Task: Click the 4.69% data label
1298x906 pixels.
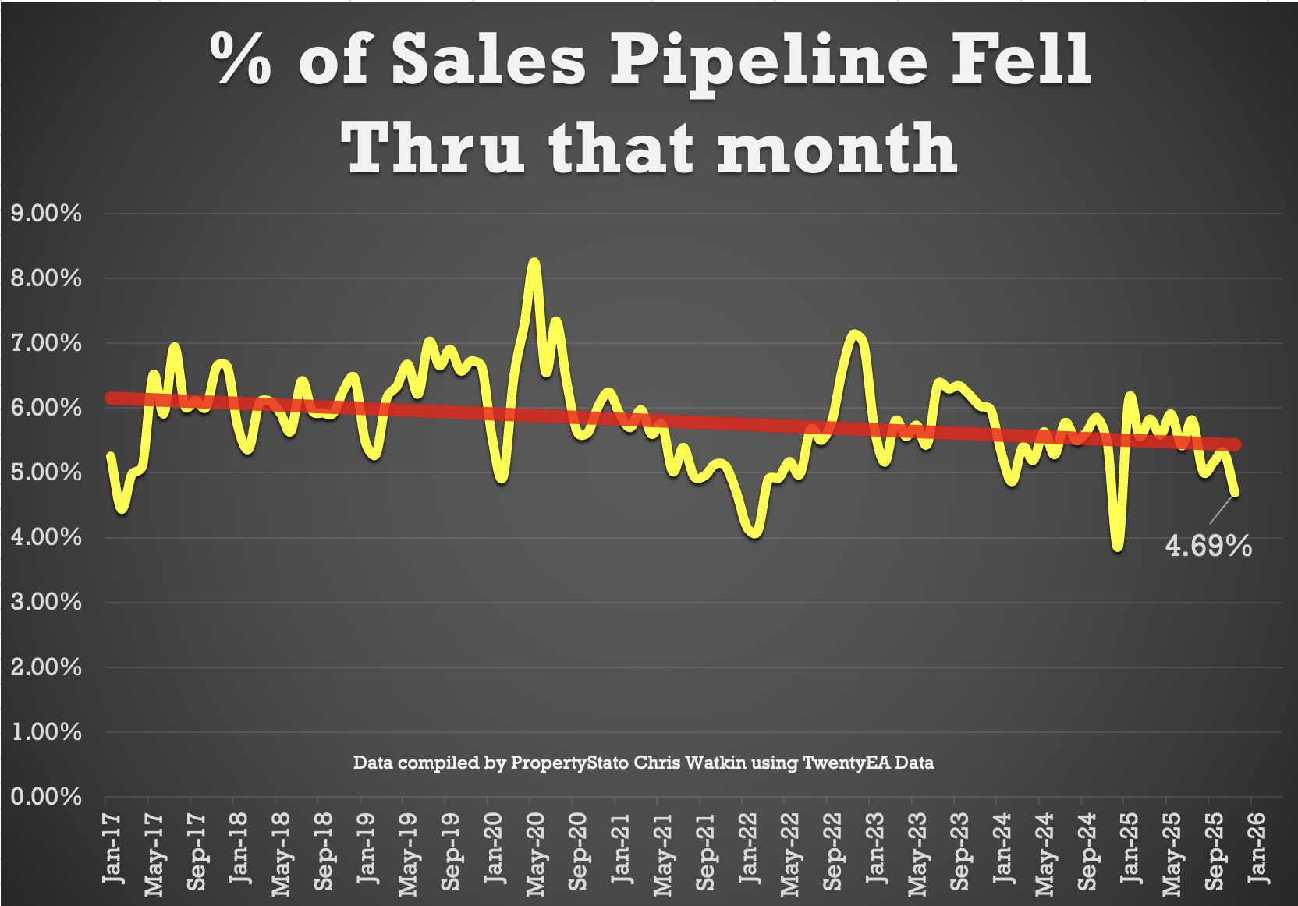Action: (x=1208, y=546)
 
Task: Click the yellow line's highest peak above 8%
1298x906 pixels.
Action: (x=534, y=264)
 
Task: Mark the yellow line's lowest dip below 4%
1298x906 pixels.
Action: (x=1119, y=546)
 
